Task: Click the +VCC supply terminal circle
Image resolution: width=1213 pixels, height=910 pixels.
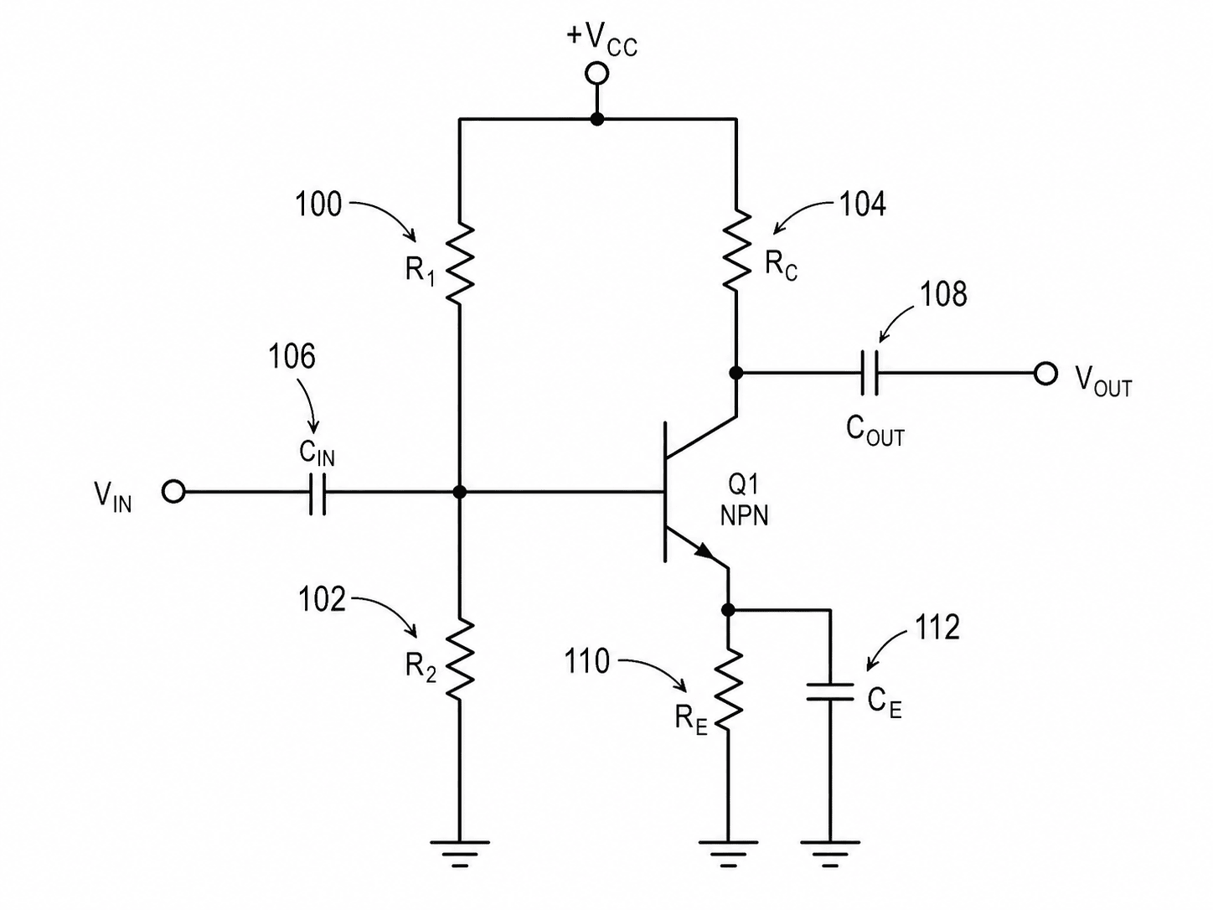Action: pos(596,74)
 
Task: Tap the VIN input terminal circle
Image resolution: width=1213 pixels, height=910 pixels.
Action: pos(173,491)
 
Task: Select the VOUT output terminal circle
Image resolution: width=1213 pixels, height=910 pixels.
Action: pos(1045,374)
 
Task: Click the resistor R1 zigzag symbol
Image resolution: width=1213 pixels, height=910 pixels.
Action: pos(459,263)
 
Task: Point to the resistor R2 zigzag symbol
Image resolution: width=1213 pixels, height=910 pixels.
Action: pos(459,661)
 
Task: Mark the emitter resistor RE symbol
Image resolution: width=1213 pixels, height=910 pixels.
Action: pos(728,691)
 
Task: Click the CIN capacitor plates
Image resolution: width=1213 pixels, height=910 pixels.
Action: pos(317,492)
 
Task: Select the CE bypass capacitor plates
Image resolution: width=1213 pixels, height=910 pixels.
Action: pos(829,692)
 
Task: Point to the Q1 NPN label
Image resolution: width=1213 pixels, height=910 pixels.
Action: pos(744,500)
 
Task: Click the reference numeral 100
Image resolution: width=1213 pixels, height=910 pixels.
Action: pos(319,204)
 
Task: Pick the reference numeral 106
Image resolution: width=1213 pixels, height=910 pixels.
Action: pos(292,356)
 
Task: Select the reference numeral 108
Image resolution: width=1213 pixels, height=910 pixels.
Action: pos(943,294)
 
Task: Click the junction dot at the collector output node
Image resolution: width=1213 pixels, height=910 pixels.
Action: pos(736,373)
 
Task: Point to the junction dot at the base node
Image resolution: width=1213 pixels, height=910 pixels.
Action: pos(459,492)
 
